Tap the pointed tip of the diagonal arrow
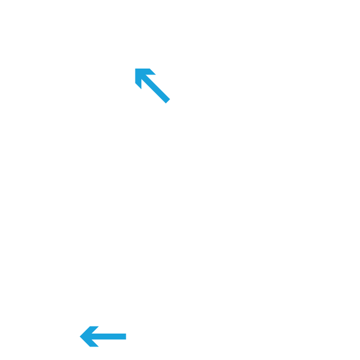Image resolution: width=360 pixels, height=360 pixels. pos(135,69)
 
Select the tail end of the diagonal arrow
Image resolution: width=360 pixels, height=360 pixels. pos(167,100)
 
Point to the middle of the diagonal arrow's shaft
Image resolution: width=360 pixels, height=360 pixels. pos(157,90)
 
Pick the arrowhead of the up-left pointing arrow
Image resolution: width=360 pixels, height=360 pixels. pos(142,76)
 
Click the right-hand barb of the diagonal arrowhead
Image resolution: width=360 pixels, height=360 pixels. pos(153,72)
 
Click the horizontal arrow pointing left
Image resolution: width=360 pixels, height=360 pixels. pos(103,336)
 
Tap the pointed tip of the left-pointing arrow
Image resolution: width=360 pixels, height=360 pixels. pos(80,336)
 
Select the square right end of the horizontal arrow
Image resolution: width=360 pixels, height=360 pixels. pos(125,336)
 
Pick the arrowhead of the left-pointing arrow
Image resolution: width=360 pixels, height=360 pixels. pos(88,336)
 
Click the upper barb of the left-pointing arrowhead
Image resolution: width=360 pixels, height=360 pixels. pos(93,328)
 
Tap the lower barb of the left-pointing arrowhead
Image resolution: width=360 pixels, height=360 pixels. pos(93,344)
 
